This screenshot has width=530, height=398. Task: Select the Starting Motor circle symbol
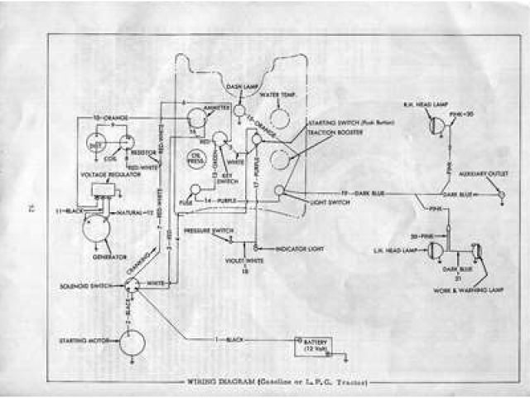pyautogui.click(x=131, y=341)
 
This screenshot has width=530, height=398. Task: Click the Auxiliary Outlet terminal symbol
pyautogui.click(x=500, y=194)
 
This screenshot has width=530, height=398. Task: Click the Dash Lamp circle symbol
pyautogui.click(x=239, y=109)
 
